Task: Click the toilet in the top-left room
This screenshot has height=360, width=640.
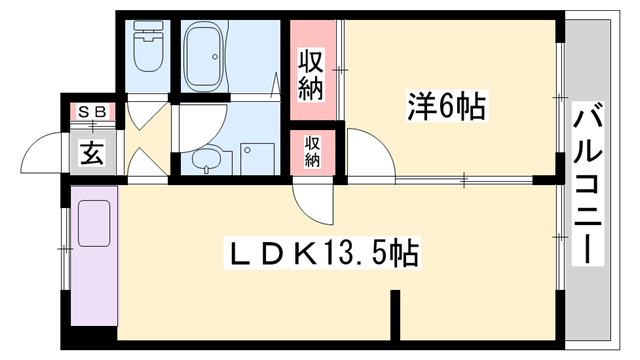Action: coord(146,43)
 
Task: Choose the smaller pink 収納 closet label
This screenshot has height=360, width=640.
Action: coord(312,152)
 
